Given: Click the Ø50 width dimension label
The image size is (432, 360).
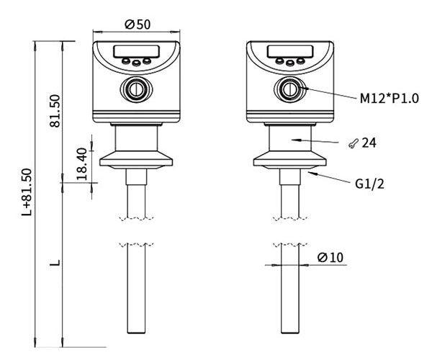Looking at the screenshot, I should coord(137,24).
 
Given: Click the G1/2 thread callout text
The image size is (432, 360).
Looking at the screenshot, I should coord(369,184).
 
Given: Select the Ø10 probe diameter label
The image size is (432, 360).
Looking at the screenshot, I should coord(329,257).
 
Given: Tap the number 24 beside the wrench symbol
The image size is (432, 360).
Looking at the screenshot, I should coord(369,143).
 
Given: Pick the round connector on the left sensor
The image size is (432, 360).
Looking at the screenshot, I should coord(135,89).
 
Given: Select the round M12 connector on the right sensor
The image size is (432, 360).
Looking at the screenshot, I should coord(289,89).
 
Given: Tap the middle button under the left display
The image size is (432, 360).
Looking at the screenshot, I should coord(135,63).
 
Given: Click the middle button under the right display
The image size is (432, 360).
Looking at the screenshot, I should coord(289,63).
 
